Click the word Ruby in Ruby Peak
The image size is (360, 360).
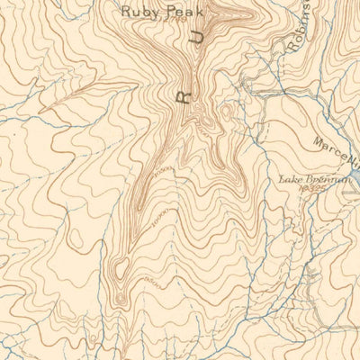pos(139,12)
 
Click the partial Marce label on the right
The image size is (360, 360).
pos(334,148)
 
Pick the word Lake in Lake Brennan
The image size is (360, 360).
pos(291,180)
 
